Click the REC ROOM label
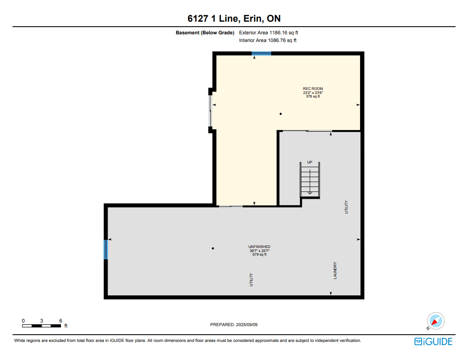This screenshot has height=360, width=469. pyautogui.click(x=313, y=89)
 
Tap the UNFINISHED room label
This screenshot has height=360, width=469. pyautogui.click(x=259, y=247)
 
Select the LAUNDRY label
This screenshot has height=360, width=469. pyautogui.click(x=335, y=271)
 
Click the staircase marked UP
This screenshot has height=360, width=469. pyautogui.click(x=310, y=180)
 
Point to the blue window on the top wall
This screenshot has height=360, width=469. pyautogui.click(x=261, y=53)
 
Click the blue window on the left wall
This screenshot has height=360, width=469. pyautogui.click(x=106, y=249)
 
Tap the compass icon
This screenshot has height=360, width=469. pyautogui.click(x=436, y=321)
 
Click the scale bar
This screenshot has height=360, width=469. pyautogui.click(x=42, y=326)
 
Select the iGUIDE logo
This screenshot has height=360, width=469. pyautogui.click(x=433, y=341)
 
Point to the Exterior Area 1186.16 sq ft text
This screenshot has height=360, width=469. pyautogui.click(x=268, y=33)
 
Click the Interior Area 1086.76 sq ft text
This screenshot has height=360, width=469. pyautogui.click(x=267, y=40)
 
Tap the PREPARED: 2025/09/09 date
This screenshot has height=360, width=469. pyautogui.click(x=234, y=324)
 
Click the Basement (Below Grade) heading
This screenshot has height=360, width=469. pyautogui.click(x=205, y=33)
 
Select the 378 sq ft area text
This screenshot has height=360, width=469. pyautogui.click(x=313, y=96)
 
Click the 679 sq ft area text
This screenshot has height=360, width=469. pyautogui.click(x=259, y=254)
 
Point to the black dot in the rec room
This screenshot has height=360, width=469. pyautogui.click(x=281, y=114)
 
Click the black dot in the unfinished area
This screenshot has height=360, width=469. pyautogui.click(x=213, y=248)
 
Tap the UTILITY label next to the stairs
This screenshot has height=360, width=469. pyautogui.click(x=347, y=207)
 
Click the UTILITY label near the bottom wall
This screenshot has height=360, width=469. pyautogui.click(x=251, y=280)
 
